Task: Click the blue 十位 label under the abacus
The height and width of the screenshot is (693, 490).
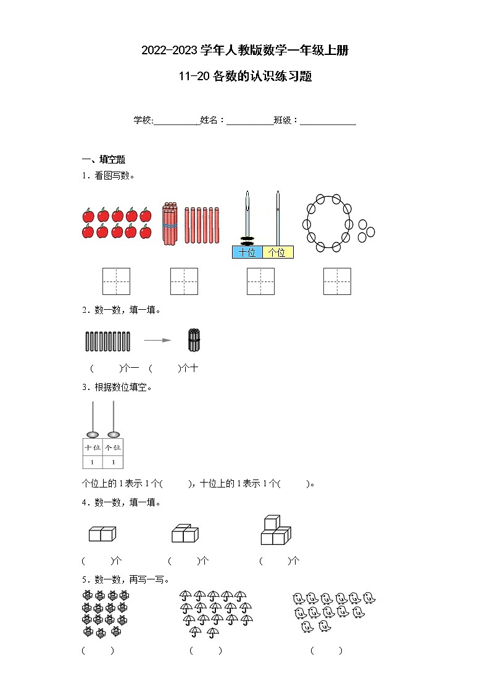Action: [247, 252]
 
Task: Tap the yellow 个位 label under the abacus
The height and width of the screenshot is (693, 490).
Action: [278, 252]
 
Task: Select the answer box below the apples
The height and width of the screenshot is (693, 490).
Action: [116, 281]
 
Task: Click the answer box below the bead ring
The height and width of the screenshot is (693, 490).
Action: [337, 281]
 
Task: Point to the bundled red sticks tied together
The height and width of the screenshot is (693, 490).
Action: [170, 225]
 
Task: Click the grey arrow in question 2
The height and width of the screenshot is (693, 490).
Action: [157, 339]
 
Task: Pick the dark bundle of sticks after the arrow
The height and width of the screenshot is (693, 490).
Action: [194, 340]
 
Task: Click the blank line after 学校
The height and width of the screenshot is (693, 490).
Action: [176, 121]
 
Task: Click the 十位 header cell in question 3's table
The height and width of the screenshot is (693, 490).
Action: [93, 447]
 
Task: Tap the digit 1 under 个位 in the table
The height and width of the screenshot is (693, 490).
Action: [112, 462]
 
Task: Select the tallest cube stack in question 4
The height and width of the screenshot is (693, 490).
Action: [275, 530]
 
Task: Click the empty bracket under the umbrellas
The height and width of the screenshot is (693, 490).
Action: [206, 650]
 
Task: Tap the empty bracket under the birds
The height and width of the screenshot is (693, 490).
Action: [326, 650]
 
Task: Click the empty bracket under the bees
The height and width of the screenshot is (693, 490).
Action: [98, 650]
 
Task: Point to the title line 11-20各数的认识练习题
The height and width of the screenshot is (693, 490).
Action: [245, 77]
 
